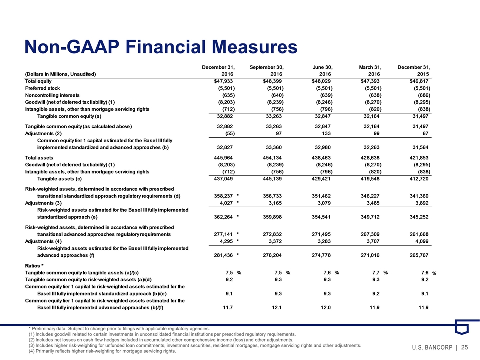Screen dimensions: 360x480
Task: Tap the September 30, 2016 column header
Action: (266, 70)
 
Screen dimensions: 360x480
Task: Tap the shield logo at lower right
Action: (461, 328)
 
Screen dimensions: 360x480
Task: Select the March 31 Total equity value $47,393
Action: (371, 80)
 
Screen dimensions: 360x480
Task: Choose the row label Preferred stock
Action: (42, 87)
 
